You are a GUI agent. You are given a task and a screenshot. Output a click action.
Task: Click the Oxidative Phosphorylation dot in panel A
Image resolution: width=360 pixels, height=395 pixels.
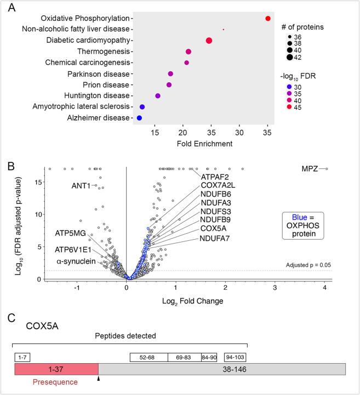pos(268,18)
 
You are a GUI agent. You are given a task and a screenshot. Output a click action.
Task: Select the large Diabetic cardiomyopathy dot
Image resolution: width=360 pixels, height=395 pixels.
pos(209,41)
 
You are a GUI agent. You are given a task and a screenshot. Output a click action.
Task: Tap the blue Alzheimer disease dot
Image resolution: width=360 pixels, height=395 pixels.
pos(140,118)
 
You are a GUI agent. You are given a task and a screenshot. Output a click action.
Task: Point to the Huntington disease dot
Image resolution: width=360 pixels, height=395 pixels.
pos(158,96)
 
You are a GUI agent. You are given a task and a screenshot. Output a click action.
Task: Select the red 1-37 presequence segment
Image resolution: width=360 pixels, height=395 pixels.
pos(56,369)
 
